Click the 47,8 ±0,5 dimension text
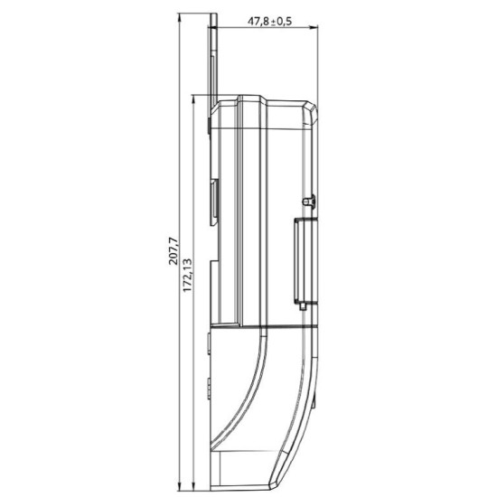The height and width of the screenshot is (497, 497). click(269, 22)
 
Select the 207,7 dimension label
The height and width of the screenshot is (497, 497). click(173, 251)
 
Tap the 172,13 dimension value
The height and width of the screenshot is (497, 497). click(187, 275)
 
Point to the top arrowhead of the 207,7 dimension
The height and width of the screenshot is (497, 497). click(180, 17)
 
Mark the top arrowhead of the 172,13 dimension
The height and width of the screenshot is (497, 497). click(194, 98)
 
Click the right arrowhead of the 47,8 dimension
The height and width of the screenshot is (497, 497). click(314, 28)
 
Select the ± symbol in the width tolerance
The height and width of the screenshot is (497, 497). click(273, 23)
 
